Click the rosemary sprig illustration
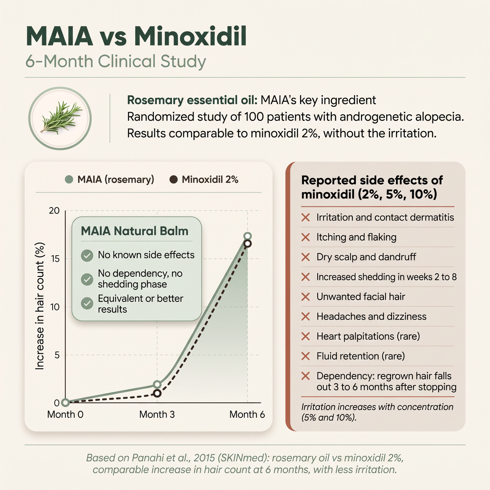coord(61,118)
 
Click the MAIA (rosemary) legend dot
coord(69,180)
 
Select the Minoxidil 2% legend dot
coord(174,180)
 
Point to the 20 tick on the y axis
coord(54,211)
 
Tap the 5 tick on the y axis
coord(57,355)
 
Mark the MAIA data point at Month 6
coord(247,236)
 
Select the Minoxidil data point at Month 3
coord(157,393)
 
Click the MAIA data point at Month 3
coord(157,384)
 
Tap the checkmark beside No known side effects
coord(87,256)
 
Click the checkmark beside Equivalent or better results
coord(87,303)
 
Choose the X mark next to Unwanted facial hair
coord(305,297)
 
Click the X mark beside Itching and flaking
coord(305,237)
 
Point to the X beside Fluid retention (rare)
coord(305,356)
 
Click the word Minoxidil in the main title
coord(191,36)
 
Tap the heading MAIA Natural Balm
coord(134,231)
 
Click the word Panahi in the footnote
coord(147,458)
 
